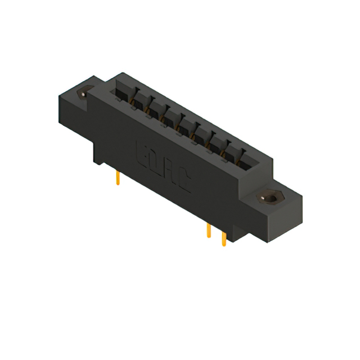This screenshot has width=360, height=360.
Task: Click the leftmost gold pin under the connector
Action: [x=117, y=178]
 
